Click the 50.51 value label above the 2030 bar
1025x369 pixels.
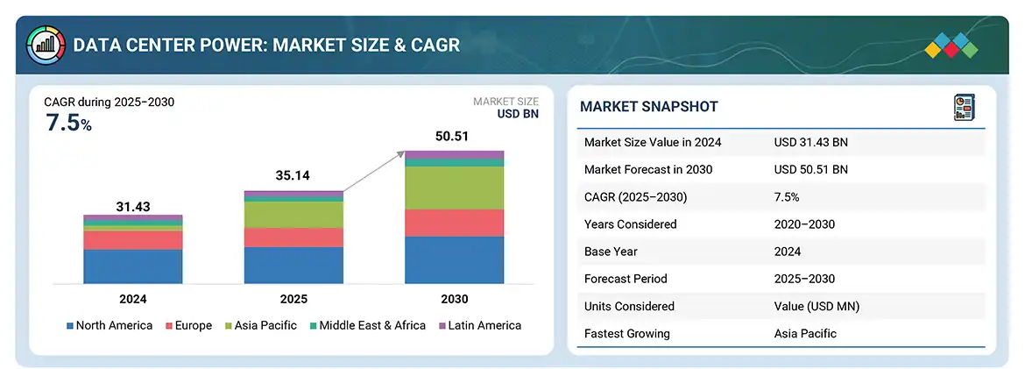pyautogui.click(x=454, y=137)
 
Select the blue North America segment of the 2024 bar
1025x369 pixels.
pyautogui.click(x=133, y=266)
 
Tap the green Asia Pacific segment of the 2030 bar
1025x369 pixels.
pyautogui.click(x=454, y=188)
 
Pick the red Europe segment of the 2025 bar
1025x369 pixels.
pyautogui.click(x=293, y=238)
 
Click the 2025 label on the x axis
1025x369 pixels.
pyautogui.click(x=293, y=299)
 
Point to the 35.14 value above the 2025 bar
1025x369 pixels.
pyautogui.click(x=293, y=176)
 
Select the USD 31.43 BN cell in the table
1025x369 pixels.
pyautogui.click(x=811, y=142)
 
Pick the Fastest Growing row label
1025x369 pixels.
pyautogui.click(x=627, y=333)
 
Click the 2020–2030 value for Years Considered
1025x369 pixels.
pyautogui.click(x=804, y=224)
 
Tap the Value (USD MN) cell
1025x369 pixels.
pyautogui.click(x=816, y=306)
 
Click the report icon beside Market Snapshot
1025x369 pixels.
pyautogui.click(x=963, y=107)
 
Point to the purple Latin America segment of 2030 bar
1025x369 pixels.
pyautogui.click(x=454, y=155)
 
